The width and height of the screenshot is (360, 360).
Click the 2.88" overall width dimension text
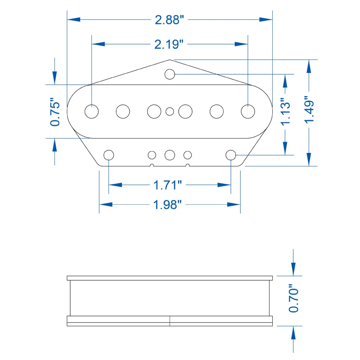tap(170, 20)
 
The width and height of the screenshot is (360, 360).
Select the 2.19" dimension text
tap(169, 44)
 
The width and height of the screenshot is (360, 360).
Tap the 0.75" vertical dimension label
tap(55, 112)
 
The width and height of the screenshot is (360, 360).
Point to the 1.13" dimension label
tap(286, 112)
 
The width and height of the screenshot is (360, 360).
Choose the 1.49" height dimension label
tap(309, 109)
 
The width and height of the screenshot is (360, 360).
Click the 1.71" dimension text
tap(167, 185)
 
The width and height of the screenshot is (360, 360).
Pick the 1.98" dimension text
tap(167, 205)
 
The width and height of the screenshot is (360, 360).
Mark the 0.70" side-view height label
tap(294, 298)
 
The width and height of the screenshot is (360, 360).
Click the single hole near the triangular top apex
tap(170, 74)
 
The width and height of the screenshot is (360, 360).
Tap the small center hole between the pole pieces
tap(170, 112)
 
